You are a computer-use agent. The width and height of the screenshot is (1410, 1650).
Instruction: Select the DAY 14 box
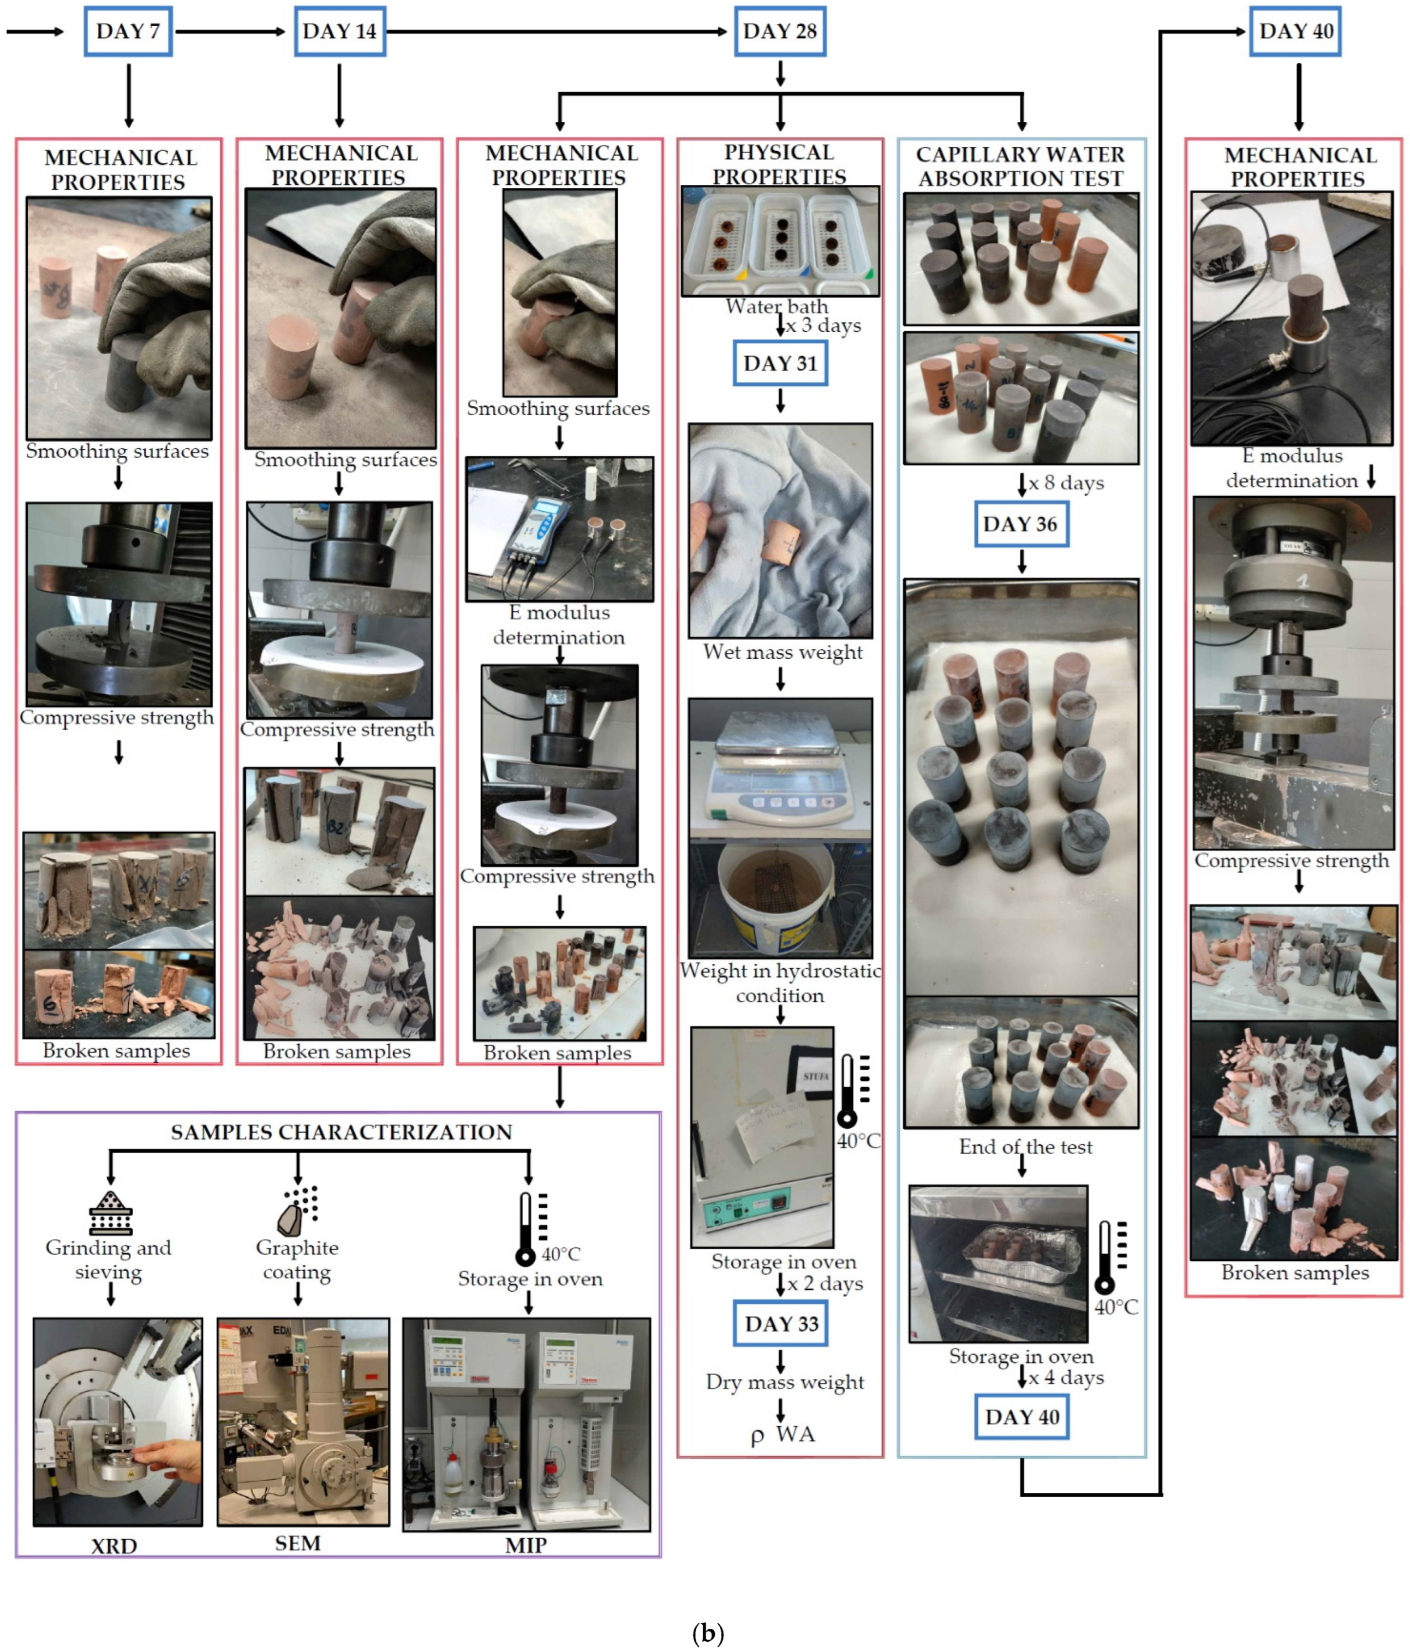pyautogui.click(x=339, y=31)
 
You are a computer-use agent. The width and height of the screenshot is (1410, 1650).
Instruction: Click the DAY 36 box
pyautogui.click(x=1021, y=524)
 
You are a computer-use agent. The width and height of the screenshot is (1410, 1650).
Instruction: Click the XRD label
pyautogui.click(x=114, y=1546)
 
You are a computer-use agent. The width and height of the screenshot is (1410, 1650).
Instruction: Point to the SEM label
pyautogui.click(x=298, y=1543)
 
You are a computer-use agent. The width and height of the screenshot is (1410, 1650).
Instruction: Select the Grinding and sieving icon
pyautogui.click(x=111, y=1212)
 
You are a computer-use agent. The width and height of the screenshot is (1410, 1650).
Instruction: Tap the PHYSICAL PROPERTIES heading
pyautogui.click(x=779, y=164)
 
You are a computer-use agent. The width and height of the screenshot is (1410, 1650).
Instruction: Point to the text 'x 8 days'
pyautogui.click(x=1065, y=483)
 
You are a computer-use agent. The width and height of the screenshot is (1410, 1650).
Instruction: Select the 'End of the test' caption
pyautogui.click(x=1025, y=1147)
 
